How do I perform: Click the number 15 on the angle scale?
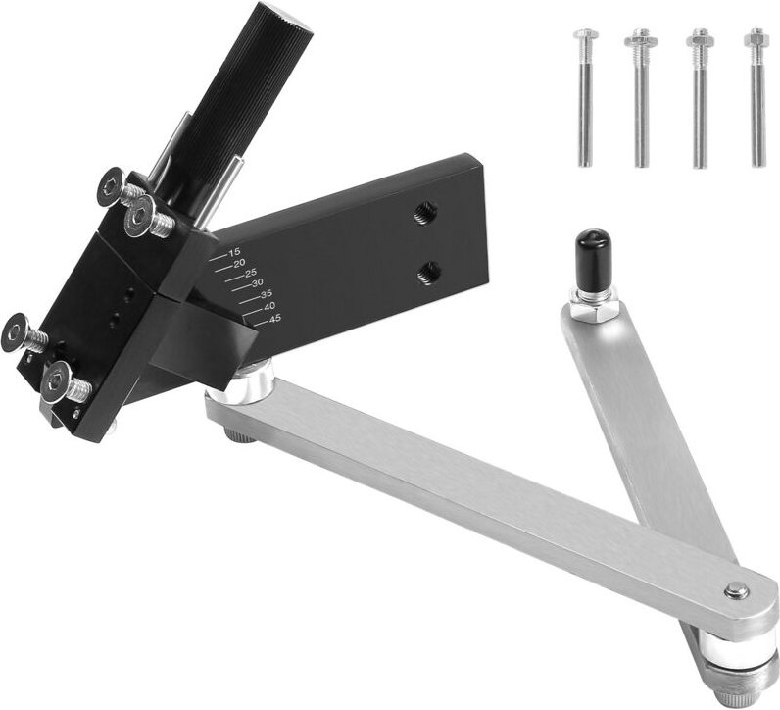(x=234, y=253)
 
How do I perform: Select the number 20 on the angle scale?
(x=239, y=263)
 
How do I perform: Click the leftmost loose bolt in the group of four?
(x=585, y=98)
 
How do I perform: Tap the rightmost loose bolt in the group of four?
(x=756, y=98)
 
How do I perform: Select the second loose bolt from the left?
(x=641, y=98)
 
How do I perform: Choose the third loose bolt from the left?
(x=700, y=98)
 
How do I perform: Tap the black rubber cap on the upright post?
(x=590, y=251)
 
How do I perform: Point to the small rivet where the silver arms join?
(x=736, y=590)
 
